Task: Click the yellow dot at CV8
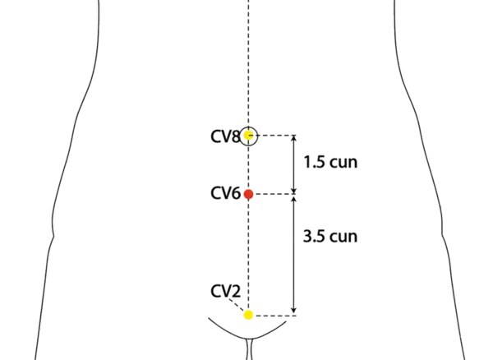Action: [249, 136]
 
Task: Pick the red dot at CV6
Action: [249, 195]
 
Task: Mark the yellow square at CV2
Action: [249, 315]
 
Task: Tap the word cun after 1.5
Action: [343, 163]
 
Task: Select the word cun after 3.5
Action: [343, 237]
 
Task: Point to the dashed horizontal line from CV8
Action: [275, 136]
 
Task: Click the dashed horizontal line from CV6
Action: [275, 195]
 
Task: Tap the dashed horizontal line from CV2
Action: [275, 315]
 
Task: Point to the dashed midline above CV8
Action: [248, 66]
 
